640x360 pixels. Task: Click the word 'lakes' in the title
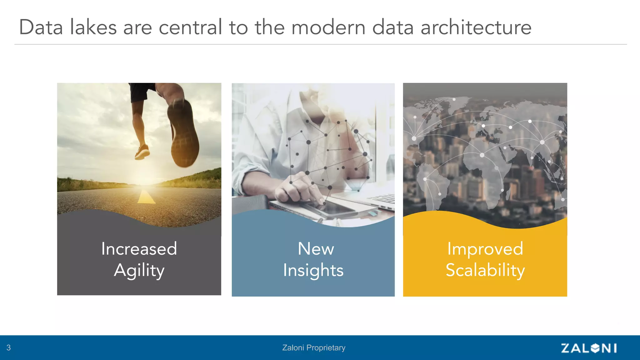pyautogui.click(x=93, y=27)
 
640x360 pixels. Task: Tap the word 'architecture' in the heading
pyautogui.click(x=476, y=27)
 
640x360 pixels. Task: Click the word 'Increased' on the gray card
pyautogui.click(x=139, y=249)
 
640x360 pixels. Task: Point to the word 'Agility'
pyautogui.click(x=139, y=271)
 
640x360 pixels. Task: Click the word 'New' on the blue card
pyautogui.click(x=316, y=249)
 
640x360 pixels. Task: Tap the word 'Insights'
pyautogui.click(x=313, y=271)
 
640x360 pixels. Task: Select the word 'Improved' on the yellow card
pyautogui.click(x=485, y=249)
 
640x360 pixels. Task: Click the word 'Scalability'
pyautogui.click(x=485, y=271)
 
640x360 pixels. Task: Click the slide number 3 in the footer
pyautogui.click(x=8, y=348)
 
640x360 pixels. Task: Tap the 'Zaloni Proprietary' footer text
pyautogui.click(x=313, y=348)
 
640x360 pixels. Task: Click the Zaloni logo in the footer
pyautogui.click(x=589, y=348)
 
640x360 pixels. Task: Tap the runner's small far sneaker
pyautogui.click(x=142, y=152)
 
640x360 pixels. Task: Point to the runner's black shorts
pyautogui.click(x=141, y=91)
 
